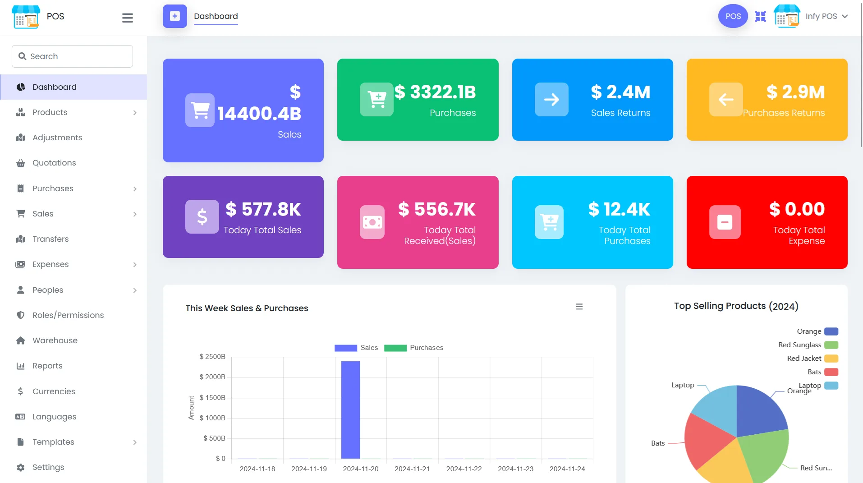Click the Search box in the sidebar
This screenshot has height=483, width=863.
(72, 56)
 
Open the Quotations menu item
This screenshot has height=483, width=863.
(54, 163)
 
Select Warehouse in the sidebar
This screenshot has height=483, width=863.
(55, 340)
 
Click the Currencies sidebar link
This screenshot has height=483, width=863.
(54, 391)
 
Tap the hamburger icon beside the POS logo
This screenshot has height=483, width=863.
(128, 18)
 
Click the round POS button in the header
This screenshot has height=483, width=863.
(733, 16)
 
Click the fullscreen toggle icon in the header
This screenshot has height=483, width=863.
(760, 16)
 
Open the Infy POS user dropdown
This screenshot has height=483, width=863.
(826, 16)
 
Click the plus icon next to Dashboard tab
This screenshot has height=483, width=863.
(174, 16)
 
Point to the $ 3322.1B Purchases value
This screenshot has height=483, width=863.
(435, 92)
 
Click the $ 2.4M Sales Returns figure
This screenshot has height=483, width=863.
(620, 92)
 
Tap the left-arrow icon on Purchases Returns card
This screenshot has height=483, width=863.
(725, 99)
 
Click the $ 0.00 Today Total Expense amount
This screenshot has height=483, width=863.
(797, 209)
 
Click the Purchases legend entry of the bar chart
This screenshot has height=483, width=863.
(414, 348)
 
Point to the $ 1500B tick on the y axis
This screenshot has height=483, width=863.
(212, 397)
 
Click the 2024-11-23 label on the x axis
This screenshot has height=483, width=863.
(515, 469)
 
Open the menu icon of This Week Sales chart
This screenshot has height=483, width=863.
(579, 307)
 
